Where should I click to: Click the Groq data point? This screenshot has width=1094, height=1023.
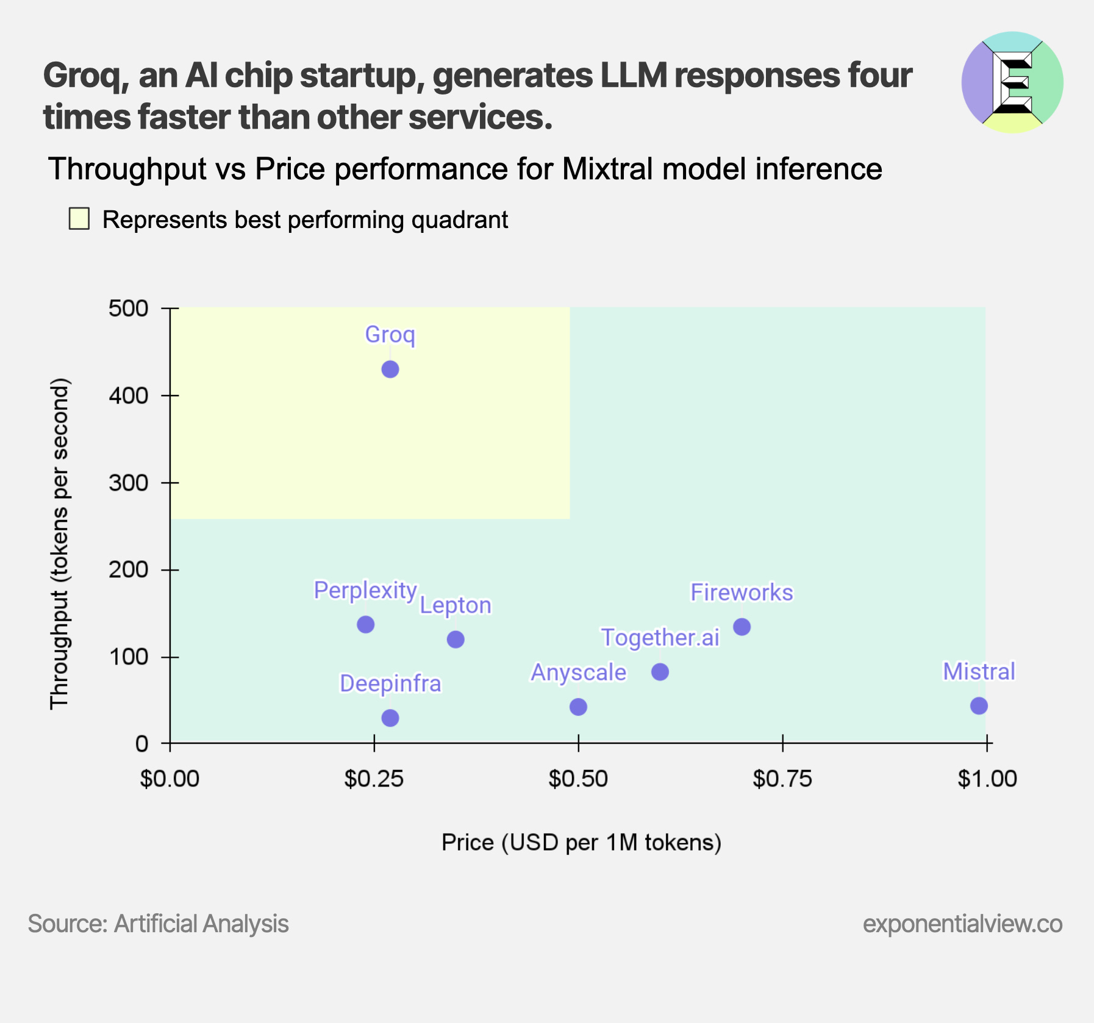tap(390, 369)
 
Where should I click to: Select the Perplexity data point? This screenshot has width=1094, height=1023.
tap(365, 624)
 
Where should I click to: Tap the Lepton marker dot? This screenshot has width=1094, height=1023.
tap(456, 640)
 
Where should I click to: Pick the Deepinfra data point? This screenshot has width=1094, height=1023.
tap(390, 718)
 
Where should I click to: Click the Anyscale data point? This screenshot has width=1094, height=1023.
tap(578, 707)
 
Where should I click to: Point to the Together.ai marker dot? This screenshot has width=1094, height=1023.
tap(660, 672)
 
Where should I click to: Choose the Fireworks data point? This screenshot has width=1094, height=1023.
tap(742, 627)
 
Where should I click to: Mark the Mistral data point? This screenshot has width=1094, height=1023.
tap(979, 705)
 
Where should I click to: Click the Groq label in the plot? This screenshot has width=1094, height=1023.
tap(390, 335)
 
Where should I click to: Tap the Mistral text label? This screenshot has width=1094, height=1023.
tap(979, 671)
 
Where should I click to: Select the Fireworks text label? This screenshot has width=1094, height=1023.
tap(742, 592)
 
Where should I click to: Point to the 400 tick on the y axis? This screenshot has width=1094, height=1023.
tap(129, 396)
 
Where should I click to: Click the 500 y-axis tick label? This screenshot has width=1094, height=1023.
tap(129, 308)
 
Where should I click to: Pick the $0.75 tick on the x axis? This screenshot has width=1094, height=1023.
tap(782, 779)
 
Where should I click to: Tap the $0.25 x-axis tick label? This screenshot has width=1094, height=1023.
tap(374, 779)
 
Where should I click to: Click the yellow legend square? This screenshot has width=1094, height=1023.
tap(79, 219)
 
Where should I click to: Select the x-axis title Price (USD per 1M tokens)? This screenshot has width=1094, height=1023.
tap(581, 842)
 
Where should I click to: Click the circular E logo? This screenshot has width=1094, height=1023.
tap(1012, 82)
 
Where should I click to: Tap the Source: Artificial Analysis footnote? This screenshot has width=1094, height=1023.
tap(159, 924)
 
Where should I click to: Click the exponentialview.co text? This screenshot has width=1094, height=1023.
tap(962, 924)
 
